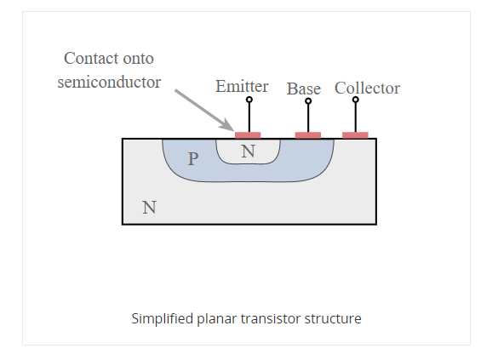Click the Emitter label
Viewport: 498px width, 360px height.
point(242,87)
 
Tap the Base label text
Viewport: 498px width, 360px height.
point(304,89)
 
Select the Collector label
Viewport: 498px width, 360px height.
point(367,89)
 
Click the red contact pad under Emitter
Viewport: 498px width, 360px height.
point(248,134)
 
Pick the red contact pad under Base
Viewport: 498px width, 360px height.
point(307,134)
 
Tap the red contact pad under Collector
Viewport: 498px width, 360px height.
point(355,134)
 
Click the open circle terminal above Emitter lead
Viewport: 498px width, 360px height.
point(249,100)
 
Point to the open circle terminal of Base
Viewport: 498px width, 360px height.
point(308,101)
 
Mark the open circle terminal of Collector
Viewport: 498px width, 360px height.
point(356,100)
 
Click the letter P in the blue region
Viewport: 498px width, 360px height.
point(193,159)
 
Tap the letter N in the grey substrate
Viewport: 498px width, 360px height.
point(149,206)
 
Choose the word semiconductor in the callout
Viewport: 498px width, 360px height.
point(109,83)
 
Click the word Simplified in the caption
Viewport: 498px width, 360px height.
point(162,319)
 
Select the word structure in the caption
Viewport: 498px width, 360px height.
point(335,319)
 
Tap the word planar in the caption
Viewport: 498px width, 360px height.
point(219,319)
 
